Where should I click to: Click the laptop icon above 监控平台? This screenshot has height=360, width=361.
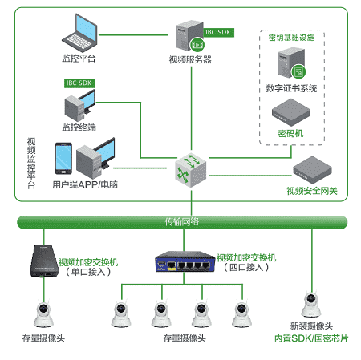coord(79,33)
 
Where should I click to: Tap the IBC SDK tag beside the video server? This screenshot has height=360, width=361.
coord(218,33)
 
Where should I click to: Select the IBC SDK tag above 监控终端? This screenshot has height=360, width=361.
coord(79,83)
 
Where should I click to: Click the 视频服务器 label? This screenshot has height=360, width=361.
coord(190,59)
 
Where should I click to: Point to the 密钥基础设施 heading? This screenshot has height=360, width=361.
coord(291,38)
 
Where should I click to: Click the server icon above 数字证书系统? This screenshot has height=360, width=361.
coord(291,63)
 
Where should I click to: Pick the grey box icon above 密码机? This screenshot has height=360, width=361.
coord(291,112)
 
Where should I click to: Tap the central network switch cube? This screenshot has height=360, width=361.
coord(191,170)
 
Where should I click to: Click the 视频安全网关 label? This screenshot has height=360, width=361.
coord(312,191)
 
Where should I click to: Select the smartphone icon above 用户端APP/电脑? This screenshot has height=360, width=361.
coord(63,159)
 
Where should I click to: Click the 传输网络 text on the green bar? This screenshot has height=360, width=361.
coord(182,222)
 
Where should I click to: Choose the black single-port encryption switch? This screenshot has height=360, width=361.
coord(44,261)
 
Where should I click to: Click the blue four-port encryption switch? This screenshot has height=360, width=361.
coord(185,261)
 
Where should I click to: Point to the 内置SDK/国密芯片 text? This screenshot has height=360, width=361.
coord(311,338)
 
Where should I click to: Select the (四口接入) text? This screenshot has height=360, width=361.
coord(246,267)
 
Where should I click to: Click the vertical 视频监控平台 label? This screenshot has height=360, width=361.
coord(31,163)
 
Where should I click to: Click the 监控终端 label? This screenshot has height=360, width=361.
coord(79,127)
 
